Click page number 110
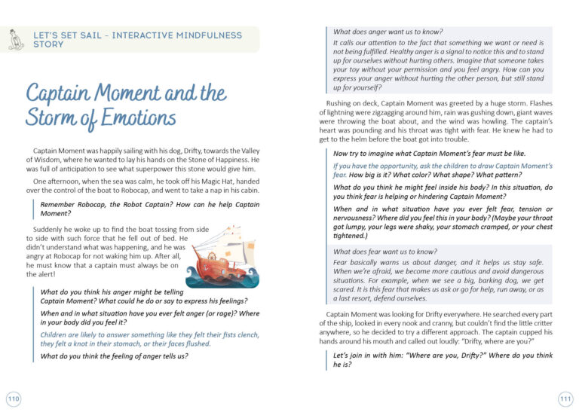point(13,398)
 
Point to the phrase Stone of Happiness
point(213,160)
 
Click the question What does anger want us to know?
point(388,32)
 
